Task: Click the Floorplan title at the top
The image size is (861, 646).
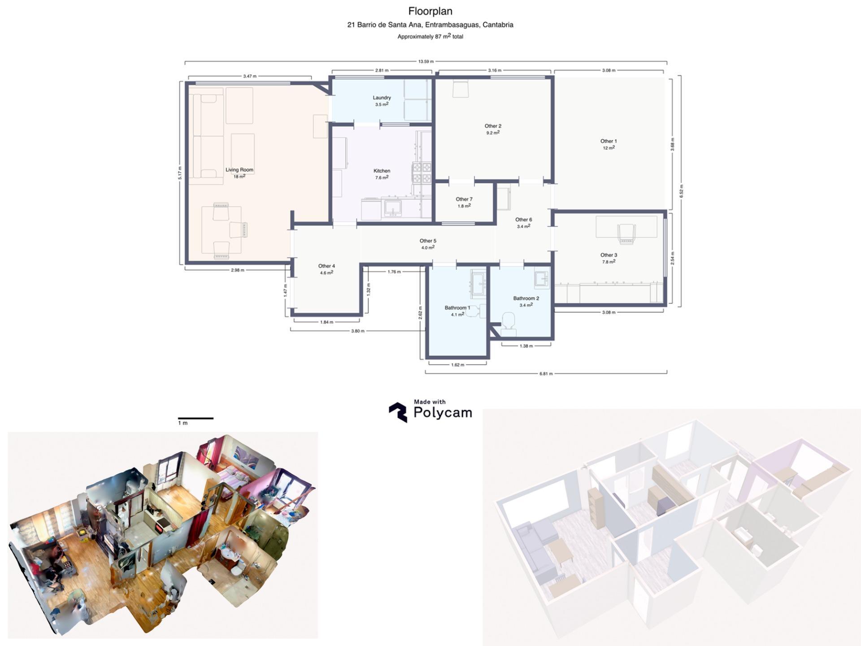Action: click(x=430, y=11)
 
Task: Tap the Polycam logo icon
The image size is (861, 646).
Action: click(x=398, y=412)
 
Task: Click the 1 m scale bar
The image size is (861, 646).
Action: click(x=196, y=419)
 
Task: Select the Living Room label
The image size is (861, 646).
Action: click(x=239, y=170)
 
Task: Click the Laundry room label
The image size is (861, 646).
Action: click(x=382, y=98)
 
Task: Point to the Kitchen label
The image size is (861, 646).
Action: click(x=382, y=171)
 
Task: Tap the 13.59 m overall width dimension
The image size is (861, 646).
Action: click(x=426, y=61)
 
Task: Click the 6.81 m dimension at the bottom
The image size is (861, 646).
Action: click(x=546, y=373)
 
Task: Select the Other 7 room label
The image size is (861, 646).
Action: click(x=464, y=199)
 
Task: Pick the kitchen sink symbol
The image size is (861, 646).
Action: click(x=393, y=208)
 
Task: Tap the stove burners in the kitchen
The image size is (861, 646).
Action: click(x=422, y=173)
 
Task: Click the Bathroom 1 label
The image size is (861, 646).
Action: click(x=457, y=308)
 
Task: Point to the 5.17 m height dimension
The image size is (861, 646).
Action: click(x=180, y=173)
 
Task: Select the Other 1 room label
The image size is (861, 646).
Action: click(x=609, y=141)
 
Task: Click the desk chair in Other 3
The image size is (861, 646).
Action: click(x=626, y=234)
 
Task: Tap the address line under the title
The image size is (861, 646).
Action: click(x=430, y=25)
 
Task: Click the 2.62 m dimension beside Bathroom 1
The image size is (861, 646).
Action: click(x=420, y=313)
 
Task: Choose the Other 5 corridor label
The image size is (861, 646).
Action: click(x=428, y=241)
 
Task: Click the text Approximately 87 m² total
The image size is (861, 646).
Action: click(x=430, y=37)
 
